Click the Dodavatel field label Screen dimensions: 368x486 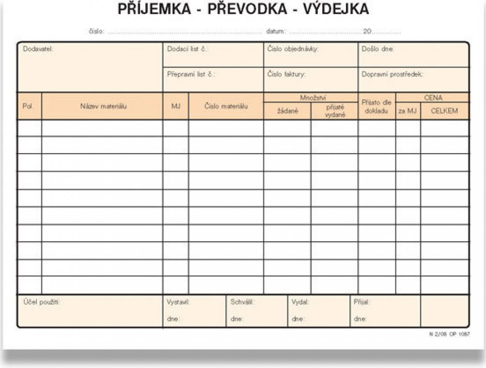coord(37,49)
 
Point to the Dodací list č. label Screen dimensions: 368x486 coord(188,49)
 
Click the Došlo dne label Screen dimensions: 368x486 coord(378,49)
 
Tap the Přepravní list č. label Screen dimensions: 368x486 coord(191,74)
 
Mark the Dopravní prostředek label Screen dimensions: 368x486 coord(393,74)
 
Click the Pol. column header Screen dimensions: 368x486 coord(28,106)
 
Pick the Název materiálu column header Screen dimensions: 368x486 coord(104,106)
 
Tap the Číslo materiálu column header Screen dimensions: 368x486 coord(226,106)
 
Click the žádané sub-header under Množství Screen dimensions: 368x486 coord(287,111)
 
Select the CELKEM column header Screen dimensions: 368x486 coord(444,111)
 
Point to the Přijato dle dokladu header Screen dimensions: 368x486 coord(377,106)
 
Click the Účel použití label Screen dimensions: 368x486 coord(41,302)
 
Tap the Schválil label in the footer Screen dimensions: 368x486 coord(243,302)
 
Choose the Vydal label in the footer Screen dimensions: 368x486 coord(300,302)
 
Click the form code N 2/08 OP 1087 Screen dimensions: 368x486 coord(450,334)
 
